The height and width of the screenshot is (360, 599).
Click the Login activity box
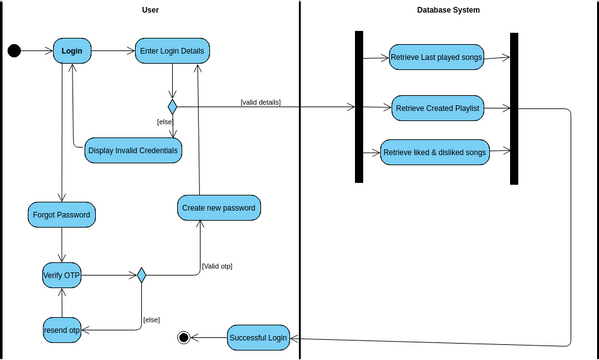pyautogui.click(x=71, y=51)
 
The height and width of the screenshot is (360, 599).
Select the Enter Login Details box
pyautogui.click(x=173, y=51)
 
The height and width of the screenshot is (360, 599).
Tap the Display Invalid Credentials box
pyautogui.click(x=133, y=150)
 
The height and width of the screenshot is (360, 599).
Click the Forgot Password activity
pyautogui.click(x=62, y=213)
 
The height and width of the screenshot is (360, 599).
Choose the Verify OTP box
pyautogui.click(x=62, y=275)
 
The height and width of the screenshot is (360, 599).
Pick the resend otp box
pyautogui.click(x=62, y=329)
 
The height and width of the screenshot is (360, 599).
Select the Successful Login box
pyautogui.click(x=258, y=338)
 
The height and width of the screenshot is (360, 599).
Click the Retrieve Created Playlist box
pyautogui.click(x=438, y=107)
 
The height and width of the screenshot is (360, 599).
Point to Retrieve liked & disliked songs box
pyautogui.click(x=434, y=152)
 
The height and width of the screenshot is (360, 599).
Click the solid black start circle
pyautogui.click(x=14, y=51)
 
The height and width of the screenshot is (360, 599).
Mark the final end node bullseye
pyautogui.click(x=184, y=338)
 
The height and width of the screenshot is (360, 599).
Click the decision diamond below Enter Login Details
pyautogui.click(x=172, y=106)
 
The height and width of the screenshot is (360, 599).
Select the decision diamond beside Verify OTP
pyautogui.click(x=142, y=275)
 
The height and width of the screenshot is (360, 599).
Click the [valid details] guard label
pyautogui.click(x=261, y=102)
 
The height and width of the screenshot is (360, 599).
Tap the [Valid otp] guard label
pyautogui.click(x=216, y=266)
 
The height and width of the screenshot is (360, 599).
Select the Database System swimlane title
pyautogui.click(x=449, y=10)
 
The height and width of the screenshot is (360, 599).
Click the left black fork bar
pyautogui.click(x=358, y=106)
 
